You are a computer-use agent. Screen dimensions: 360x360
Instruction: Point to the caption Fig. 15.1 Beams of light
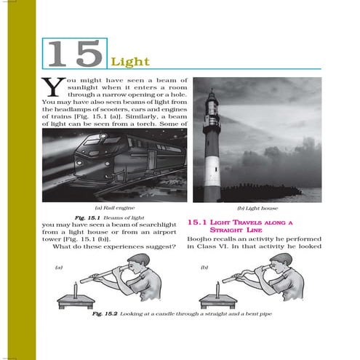point(110,218)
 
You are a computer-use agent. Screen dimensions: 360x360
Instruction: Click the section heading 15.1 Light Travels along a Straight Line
point(240,226)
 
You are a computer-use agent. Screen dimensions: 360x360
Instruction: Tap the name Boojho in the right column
point(199,239)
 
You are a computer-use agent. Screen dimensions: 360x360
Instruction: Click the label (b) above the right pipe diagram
point(204,267)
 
